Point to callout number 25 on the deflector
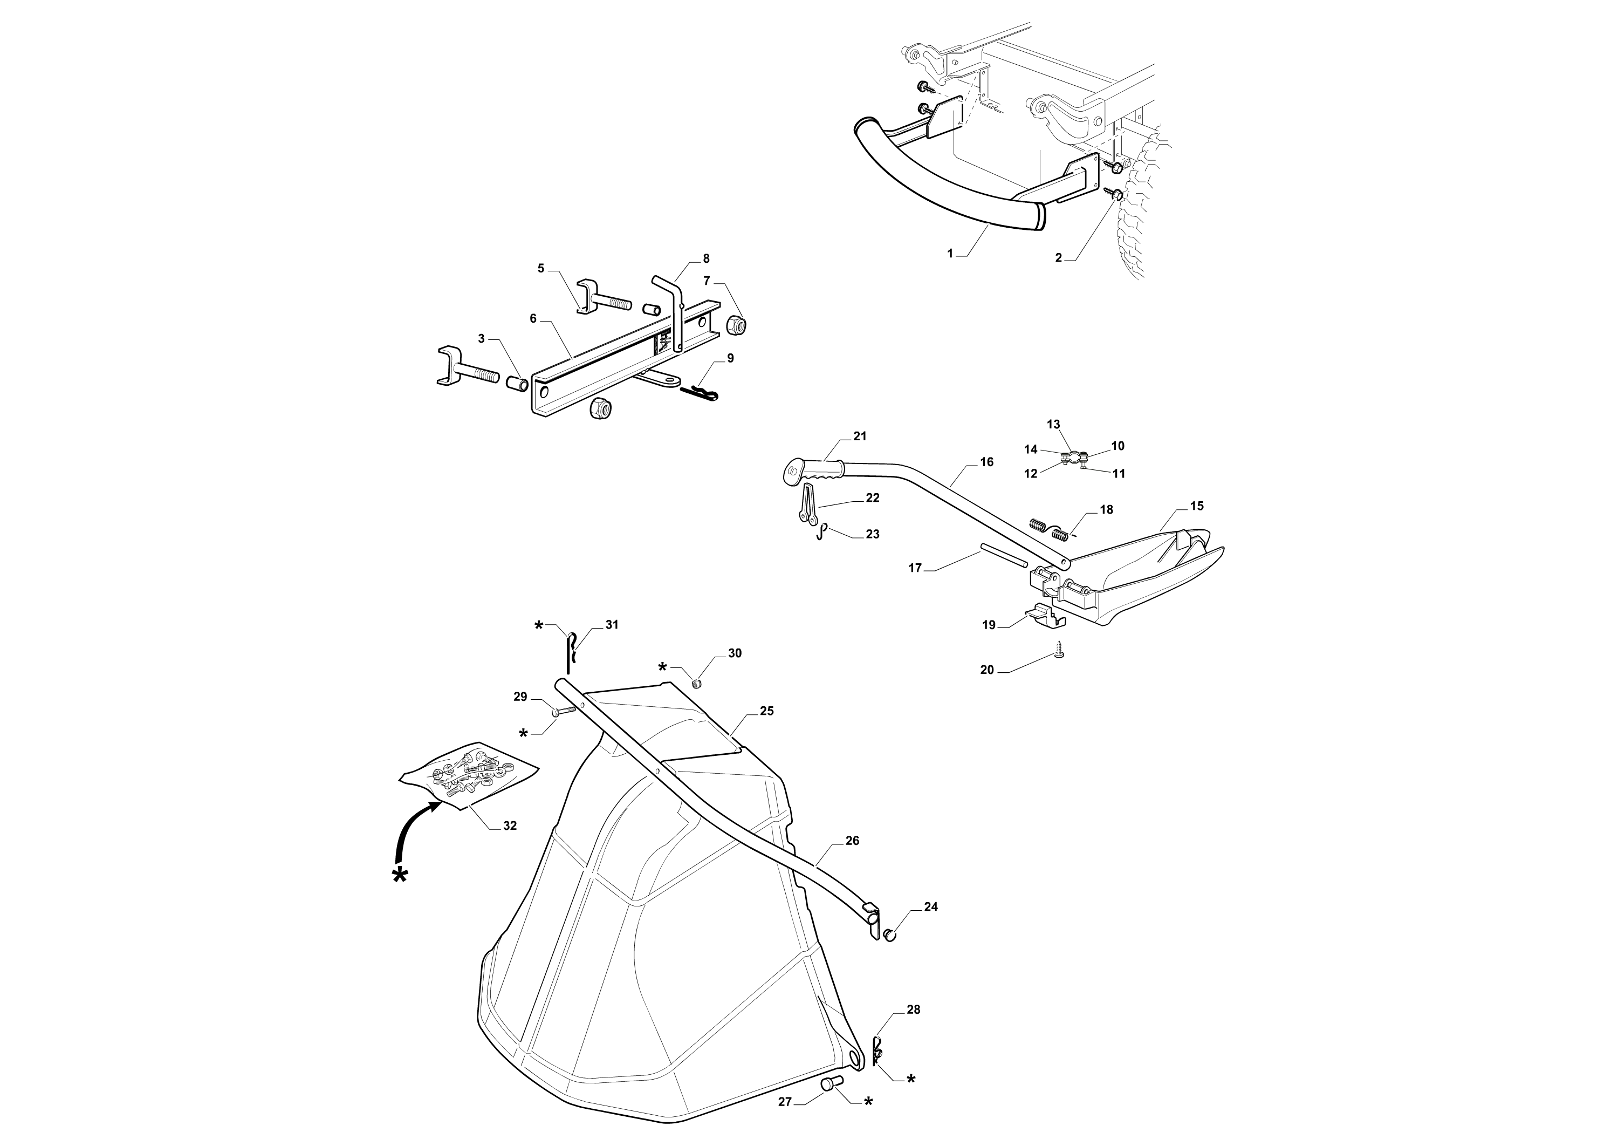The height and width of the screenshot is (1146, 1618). [767, 711]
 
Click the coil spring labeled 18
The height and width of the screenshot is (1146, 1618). [1050, 529]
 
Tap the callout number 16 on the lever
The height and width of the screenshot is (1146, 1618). [987, 461]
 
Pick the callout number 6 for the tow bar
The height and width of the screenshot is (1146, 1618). [533, 319]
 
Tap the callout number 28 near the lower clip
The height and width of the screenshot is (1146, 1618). [914, 1010]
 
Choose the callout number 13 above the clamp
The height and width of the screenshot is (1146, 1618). [1053, 424]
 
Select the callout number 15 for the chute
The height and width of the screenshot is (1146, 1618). [1196, 506]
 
